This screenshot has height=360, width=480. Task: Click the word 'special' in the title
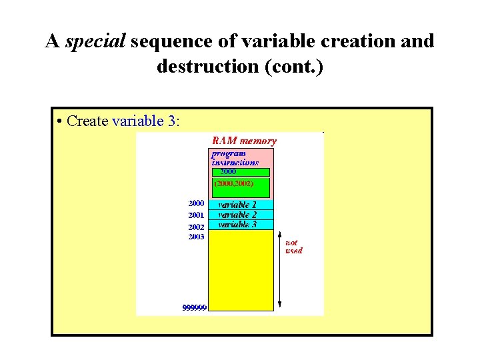pyautogui.click(x=95, y=41)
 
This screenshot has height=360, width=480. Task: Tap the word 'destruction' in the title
pyautogui.click(x=199, y=67)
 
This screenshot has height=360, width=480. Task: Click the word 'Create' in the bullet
pyautogui.click(x=88, y=121)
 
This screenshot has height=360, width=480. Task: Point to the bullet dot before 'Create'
pyautogui.click(x=60, y=121)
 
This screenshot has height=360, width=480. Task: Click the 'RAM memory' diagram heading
pyautogui.click(x=244, y=141)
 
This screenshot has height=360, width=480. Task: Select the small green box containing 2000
pyautogui.click(x=240, y=172)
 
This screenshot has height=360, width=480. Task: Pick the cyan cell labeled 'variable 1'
pyautogui.click(x=241, y=205)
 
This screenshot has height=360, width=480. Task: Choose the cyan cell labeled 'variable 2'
pyautogui.click(x=241, y=215)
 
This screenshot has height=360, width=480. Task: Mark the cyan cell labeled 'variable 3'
pyautogui.click(x=241, y=225)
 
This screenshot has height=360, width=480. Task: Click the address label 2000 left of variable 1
pyautogui.click(x=196, y=203)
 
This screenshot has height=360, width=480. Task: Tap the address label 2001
pyautogui.click(x=196, y=215)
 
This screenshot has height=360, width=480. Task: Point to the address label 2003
pyautogui.click(x=196, y=237)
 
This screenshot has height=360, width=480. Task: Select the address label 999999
pyautogui.click(x=194, y=307)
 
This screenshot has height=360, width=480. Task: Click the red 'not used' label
pyautogui.click(x=293, y=247)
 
